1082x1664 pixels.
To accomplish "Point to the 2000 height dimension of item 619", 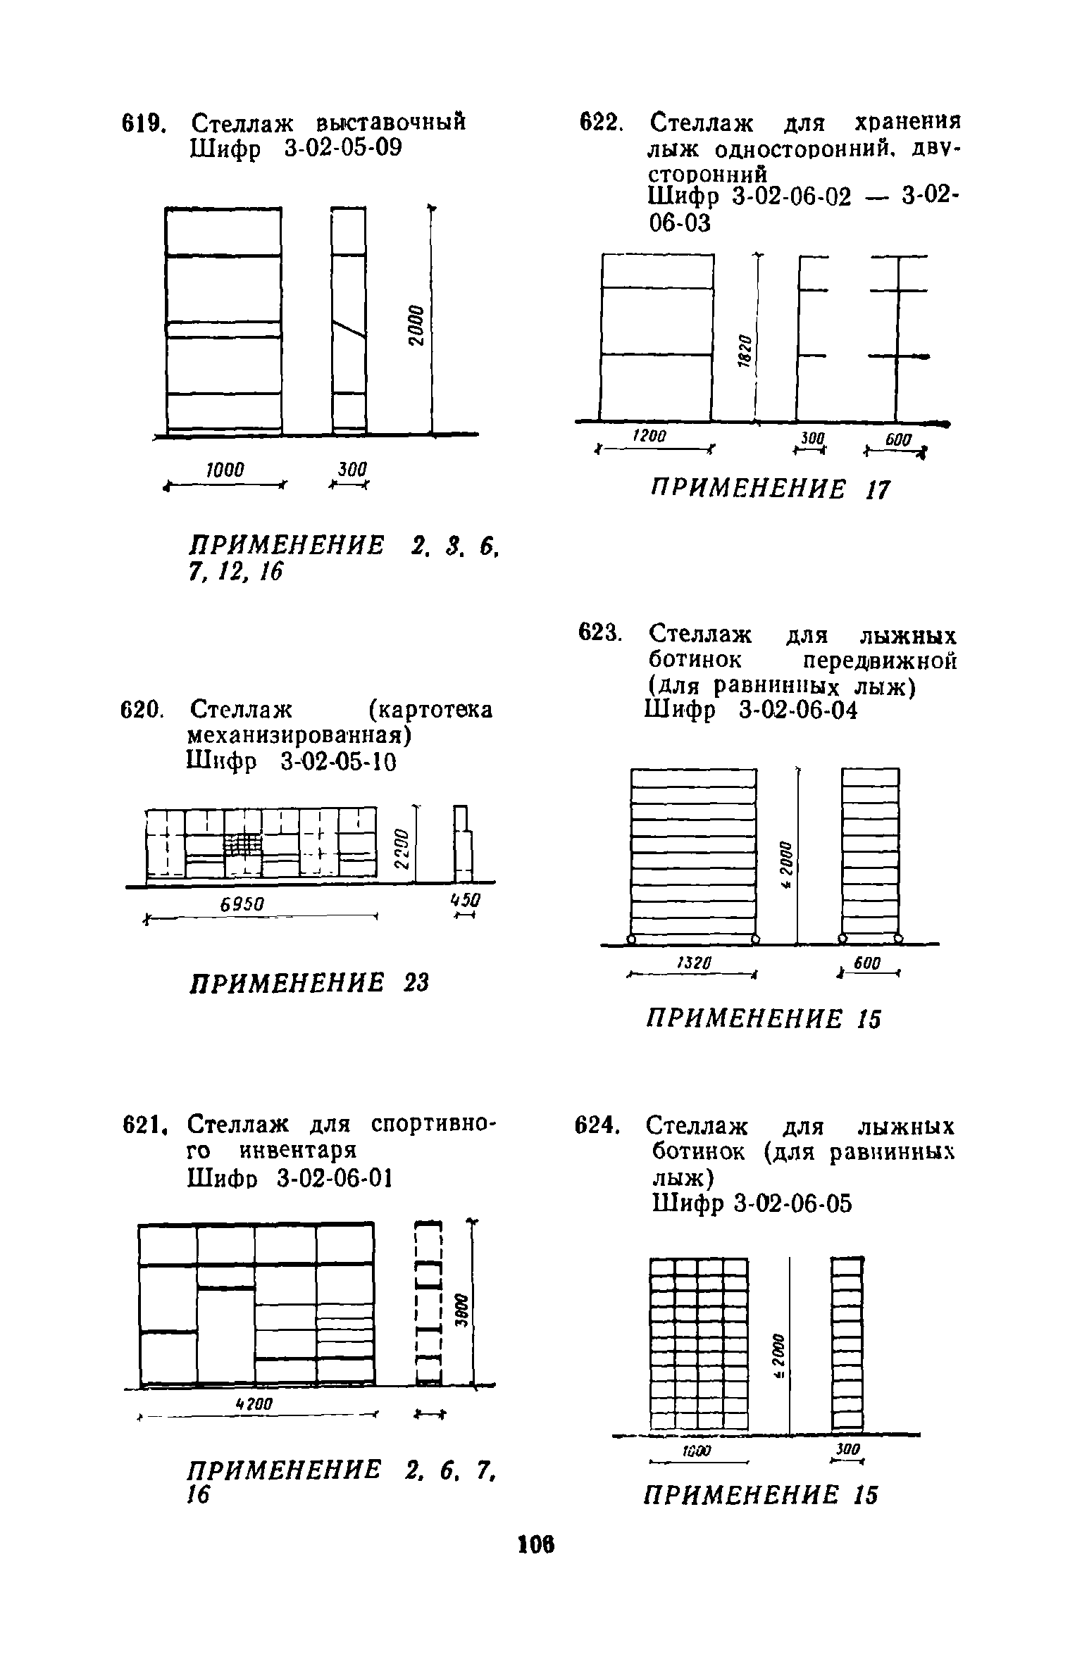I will point(416,325).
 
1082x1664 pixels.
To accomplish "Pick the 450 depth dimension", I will point(466,901).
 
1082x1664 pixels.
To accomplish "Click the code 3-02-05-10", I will point(338,761).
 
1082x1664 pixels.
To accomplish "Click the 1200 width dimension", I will point(649,437).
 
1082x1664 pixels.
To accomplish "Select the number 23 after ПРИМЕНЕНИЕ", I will point(416,982).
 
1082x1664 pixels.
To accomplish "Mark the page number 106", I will point(537,1544).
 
